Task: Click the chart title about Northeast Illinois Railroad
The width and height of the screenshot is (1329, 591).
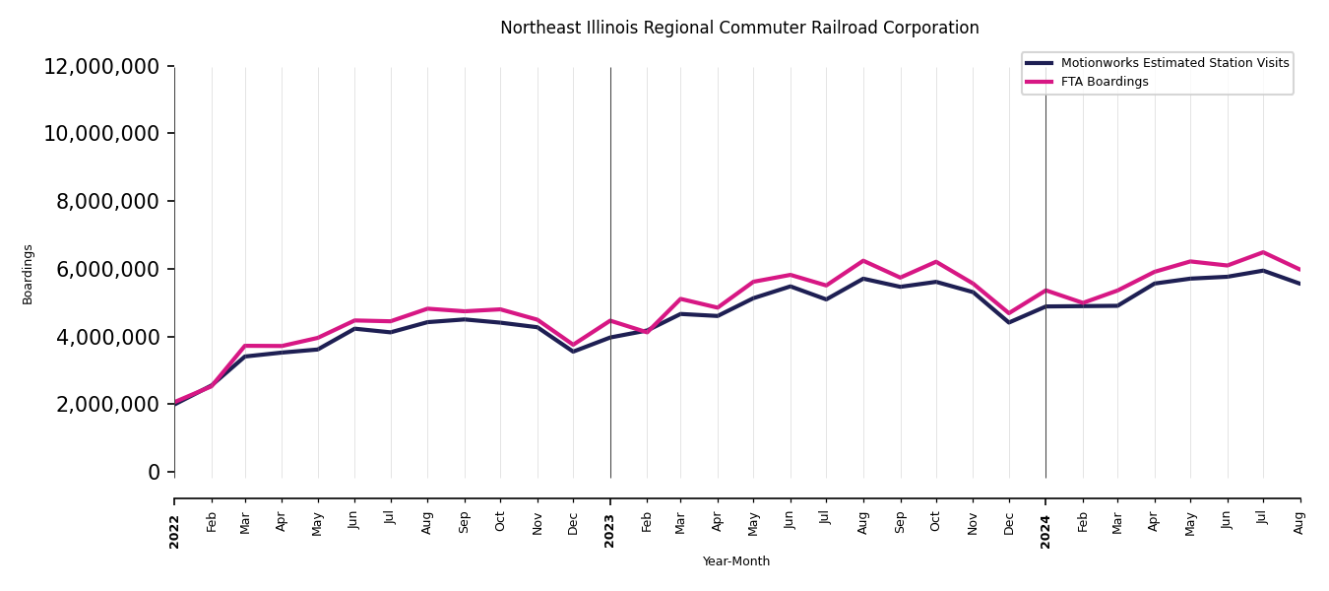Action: point(739,29)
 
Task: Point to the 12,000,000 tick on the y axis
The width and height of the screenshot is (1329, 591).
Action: point(101,67)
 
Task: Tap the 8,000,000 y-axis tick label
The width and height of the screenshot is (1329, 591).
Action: point(107,202)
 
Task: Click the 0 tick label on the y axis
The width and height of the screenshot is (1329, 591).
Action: point(154,473)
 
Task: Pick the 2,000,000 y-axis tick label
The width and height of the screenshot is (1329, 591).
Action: point(107,405)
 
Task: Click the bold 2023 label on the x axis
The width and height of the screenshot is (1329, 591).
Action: point(610,530)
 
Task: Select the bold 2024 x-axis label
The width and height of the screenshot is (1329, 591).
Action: point(1045,530)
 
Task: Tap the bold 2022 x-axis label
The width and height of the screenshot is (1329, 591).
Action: point(174,530)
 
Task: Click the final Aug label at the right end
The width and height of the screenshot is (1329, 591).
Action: point(1299,522)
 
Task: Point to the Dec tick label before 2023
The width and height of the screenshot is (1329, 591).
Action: point(574,522)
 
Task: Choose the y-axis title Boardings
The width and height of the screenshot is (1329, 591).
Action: point(28,274)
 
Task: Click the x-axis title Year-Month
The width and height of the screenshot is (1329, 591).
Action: point(736,561)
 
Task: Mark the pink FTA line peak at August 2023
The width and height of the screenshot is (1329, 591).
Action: point(863,261)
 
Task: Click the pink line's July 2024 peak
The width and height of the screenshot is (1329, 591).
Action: point(1263,252)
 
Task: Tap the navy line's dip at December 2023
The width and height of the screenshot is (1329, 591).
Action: point(1009,322)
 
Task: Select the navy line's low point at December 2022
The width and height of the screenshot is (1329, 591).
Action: point(574,352)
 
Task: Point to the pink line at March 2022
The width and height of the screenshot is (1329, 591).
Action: point(246,346)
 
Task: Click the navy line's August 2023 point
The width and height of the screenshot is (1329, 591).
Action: point(863,279)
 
